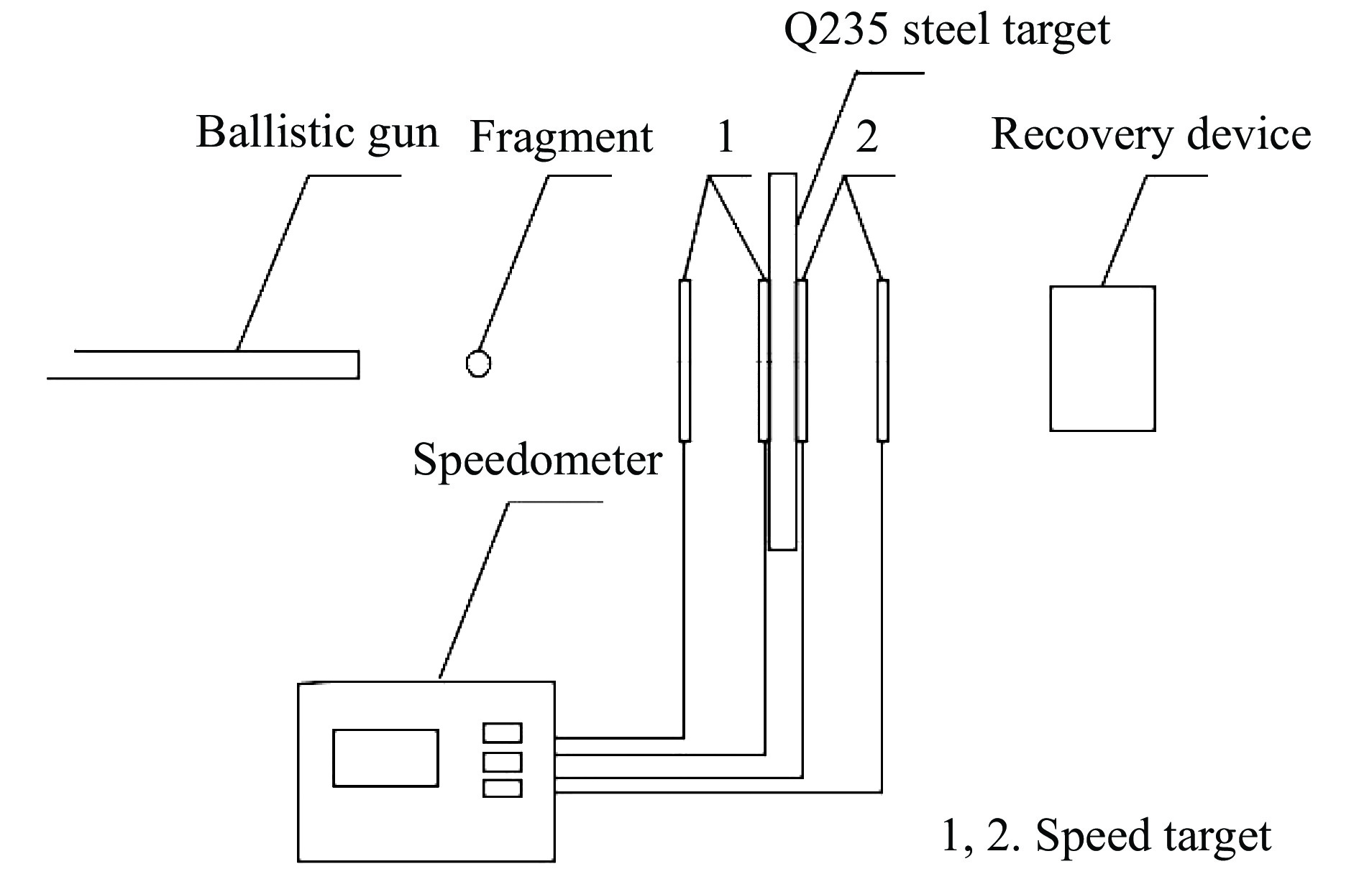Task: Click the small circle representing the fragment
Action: coord(478,364)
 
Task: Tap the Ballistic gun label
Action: coord(317,133)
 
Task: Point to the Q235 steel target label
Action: coord(946,30)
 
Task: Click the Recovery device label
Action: coord(1150,134)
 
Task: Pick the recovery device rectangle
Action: coord(1102,359)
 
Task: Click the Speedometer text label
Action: coord(537,460)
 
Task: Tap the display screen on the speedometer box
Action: coord(385,758)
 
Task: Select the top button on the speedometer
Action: coord(502,732)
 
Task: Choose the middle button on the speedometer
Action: coord(502,760)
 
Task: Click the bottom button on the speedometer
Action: coord(502,788)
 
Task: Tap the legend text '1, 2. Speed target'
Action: coord(1106,836)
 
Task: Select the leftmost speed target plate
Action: coord(685,360)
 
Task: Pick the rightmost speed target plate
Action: coord(883,360)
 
